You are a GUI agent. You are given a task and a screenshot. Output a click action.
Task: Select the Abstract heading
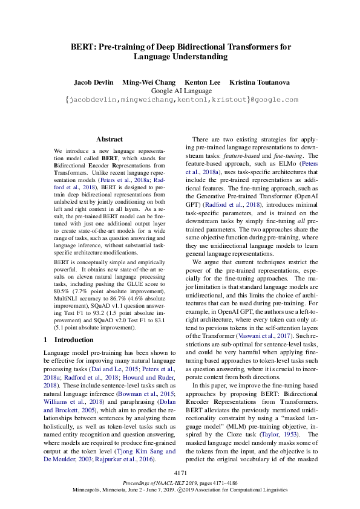[x=110, y=139]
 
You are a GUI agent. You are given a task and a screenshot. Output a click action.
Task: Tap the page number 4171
[x=180, y=472]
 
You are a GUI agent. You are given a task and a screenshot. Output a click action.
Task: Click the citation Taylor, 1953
[x=281, y=434]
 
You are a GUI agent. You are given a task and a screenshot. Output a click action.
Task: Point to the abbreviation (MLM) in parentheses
[x=244, y=426]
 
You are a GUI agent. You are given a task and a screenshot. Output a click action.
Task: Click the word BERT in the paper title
[x=82, y=47]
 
